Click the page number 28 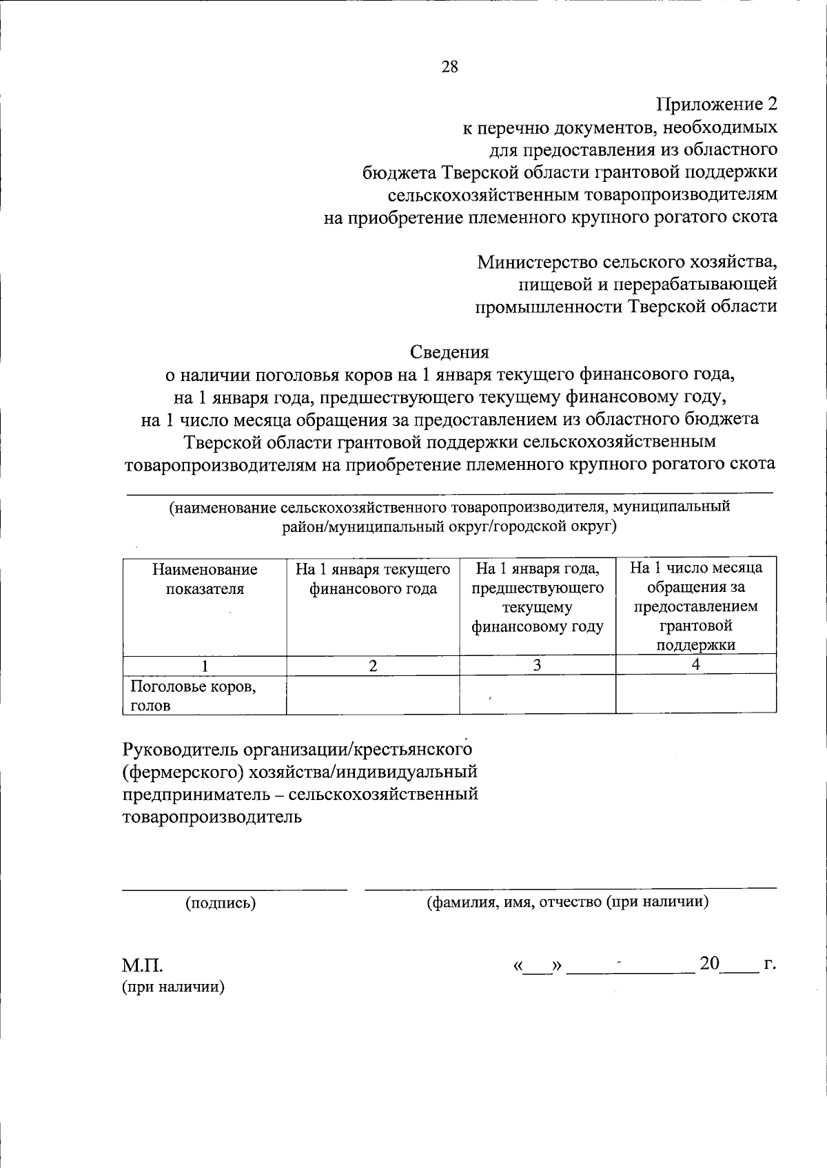(x=449, y=67)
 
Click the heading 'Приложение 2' (x=716, y=105)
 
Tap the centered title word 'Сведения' (x=449, y=352)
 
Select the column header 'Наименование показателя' (x=205, y=579)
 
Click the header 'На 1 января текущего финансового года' (x=373, y=579)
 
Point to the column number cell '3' (x=537, y=665)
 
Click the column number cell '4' (x=696, y=664)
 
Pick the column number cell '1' (x=205, y=666)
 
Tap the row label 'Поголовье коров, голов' (x=193, y=695)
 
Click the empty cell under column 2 (x=373, y=695)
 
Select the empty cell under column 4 (x=696, y=695)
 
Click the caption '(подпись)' (x=221, y=903)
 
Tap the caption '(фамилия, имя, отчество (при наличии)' (x=568, y=902)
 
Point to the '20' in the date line (x=709, y=963)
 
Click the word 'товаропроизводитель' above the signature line (x=212, y=817)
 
